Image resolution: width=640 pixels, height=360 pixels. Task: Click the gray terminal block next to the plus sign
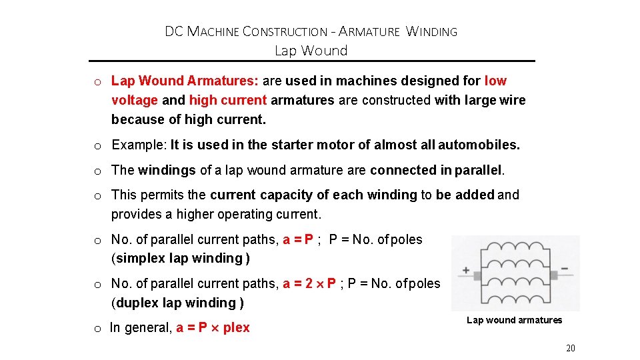point(477,275)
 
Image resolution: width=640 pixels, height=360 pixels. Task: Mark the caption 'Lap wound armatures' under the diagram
point(514,320)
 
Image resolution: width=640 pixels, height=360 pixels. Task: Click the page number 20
point(570,348)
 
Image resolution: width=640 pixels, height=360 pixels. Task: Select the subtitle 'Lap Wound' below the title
point(311,51)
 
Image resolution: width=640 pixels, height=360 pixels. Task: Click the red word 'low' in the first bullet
point(495,81)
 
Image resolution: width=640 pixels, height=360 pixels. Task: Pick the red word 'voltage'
point(135,100)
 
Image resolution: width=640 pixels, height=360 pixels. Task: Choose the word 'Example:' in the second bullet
point(139,145)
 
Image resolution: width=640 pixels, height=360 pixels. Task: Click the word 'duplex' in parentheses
point(138,303)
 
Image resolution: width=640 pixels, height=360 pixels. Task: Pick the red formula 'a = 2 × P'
point(309,284)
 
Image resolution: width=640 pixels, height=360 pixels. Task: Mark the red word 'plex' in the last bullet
point(237,327)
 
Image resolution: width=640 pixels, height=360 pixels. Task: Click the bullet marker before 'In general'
point(97,328)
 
